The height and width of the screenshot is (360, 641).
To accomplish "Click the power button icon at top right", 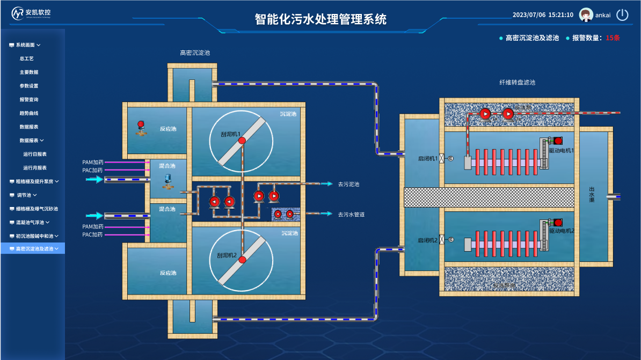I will click(x=622, y=15).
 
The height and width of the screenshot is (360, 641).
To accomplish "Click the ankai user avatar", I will click(x=586, y=15).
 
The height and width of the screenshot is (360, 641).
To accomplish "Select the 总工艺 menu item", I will click(x=27, y=58).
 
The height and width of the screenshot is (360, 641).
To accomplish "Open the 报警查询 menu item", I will click(x=29, y=100).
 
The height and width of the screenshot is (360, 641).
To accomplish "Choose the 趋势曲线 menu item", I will click(x=29, y=113).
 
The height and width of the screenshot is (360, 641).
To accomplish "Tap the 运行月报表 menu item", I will click(x=35, y=168).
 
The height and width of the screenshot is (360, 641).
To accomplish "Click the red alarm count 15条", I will click(x=613, y=38).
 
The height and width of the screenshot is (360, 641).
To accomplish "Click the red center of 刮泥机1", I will click(x=242, y=141).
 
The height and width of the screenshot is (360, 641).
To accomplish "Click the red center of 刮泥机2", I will click(x=242, y=260).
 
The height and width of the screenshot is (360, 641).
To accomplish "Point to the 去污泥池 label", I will click(x=348, y=184).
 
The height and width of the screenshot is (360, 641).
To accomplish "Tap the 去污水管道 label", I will click(x=351, y=214).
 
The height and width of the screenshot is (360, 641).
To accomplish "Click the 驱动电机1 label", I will click(x=562, y=151).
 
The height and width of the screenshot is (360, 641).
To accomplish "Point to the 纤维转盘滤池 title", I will click(x=517, y=83).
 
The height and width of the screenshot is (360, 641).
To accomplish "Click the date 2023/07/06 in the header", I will click(x=529, y=15).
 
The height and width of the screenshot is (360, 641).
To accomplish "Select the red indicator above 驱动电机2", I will click(x=558, y=222).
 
